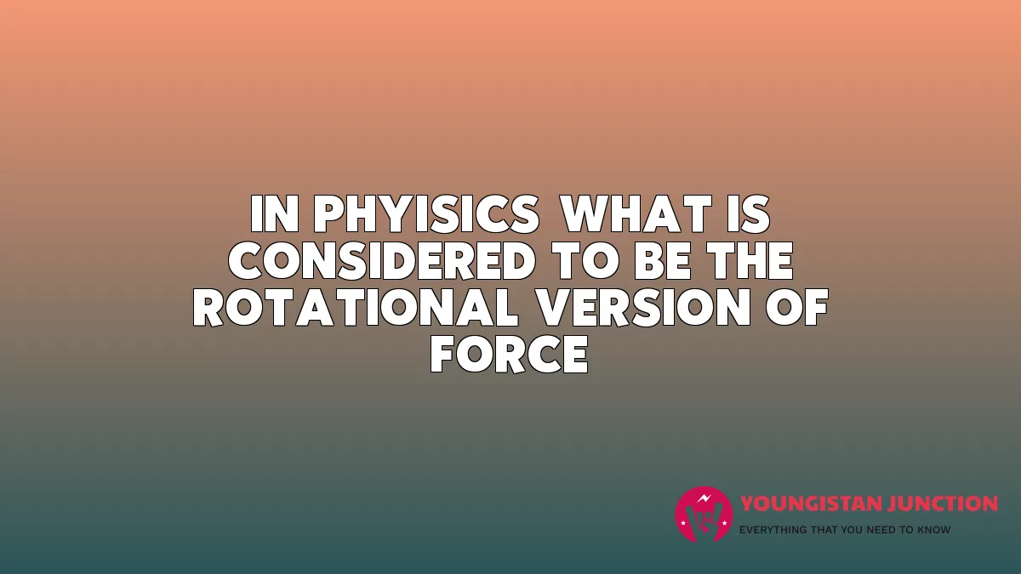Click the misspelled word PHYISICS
coord(426,214)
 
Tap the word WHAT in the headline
coord(636,214)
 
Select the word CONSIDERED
coord(382,260)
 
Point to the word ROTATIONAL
coord(356,307)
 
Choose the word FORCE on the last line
coord(510,354)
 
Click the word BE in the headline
coord(663,260)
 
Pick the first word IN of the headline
coord(274,214)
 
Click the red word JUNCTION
coord(940,503)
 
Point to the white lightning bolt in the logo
coord(704,498)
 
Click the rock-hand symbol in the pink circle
coord(704,520)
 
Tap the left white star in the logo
coord(683,524)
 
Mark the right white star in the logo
coord(724,524)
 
